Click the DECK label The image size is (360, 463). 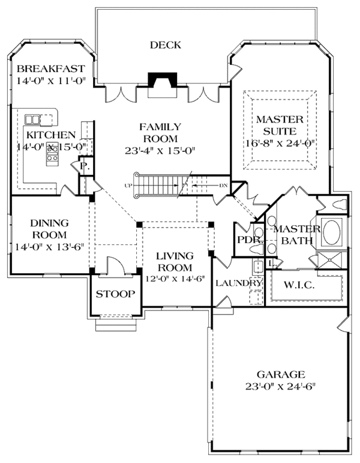(x=165, y=45)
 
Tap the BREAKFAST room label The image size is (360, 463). (x=51, y=69)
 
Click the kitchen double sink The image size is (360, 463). (x=32, y=120)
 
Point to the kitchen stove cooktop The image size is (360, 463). (x=52, y=154)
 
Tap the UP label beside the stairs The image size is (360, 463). (x=128, y=186)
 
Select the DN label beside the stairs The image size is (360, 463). (x=223, y=186)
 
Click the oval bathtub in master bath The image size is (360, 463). (x=332, y=232)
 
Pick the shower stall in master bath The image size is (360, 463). (x=332, y=260)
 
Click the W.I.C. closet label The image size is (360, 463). (x=299, y=285)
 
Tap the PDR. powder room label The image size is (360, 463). (x=250, y=240)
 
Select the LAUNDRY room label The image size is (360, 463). (x=239, y=283)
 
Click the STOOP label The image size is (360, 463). (x=115, y=294)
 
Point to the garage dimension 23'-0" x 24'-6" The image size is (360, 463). (x=281, y=386)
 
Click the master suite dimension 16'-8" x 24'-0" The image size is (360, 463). (x=280, y=143)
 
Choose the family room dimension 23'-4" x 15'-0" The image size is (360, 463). (x=161, y=151)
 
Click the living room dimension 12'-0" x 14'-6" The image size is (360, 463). (x=175, y=279)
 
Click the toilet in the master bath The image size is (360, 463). (x=339, y=204)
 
